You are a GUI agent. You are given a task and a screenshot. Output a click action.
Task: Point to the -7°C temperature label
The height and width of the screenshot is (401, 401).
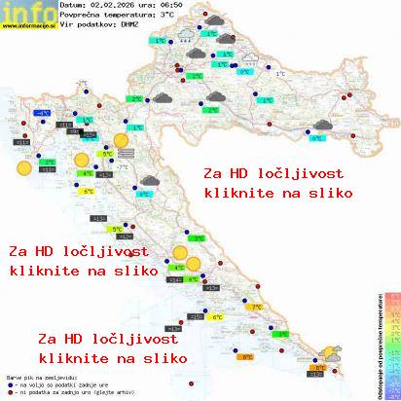point(122,167)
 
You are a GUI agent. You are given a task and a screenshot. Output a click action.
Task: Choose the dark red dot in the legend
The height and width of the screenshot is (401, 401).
point(9,391)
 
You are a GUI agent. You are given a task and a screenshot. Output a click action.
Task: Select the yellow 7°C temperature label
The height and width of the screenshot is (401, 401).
point(259,307)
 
